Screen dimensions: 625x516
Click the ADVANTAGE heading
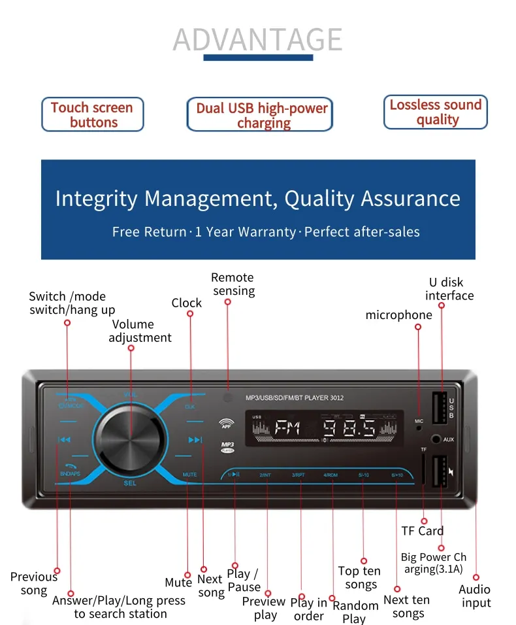[257, 40]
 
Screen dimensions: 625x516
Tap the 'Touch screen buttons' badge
[92, 115]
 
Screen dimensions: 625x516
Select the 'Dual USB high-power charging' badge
[261, 116]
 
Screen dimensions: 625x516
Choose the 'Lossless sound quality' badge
[436, 112]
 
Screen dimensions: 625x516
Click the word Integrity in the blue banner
[96, 198]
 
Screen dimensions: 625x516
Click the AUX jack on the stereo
[436, 439]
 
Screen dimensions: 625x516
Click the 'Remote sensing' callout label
[233, 284]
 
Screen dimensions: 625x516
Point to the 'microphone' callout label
[398, 315]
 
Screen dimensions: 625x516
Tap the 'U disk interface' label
[449, 289]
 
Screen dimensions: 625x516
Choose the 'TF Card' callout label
[422, 531]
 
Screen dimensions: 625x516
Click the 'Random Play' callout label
[355, 612]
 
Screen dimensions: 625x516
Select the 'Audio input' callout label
[475, 596]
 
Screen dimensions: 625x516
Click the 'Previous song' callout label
[33, 583]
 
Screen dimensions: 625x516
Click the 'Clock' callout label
[187, 303]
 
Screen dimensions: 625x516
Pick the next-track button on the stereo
[195, 439]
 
